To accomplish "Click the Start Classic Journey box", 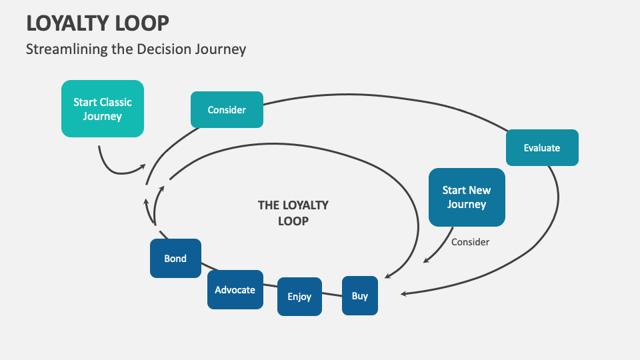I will point(103,109).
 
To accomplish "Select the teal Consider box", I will point(227,110).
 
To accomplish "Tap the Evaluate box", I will point(542,147).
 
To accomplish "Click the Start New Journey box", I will point(467,197).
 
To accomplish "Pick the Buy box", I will point(360,295).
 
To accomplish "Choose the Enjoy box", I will point(299,297).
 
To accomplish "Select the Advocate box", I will point(235,290).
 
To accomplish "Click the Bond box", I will point(175,258).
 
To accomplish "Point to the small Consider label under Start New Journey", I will point(470,242).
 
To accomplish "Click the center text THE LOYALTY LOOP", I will point(293,213).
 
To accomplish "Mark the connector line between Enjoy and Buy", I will point(332,293).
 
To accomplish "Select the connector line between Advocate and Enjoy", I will point(270,286).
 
